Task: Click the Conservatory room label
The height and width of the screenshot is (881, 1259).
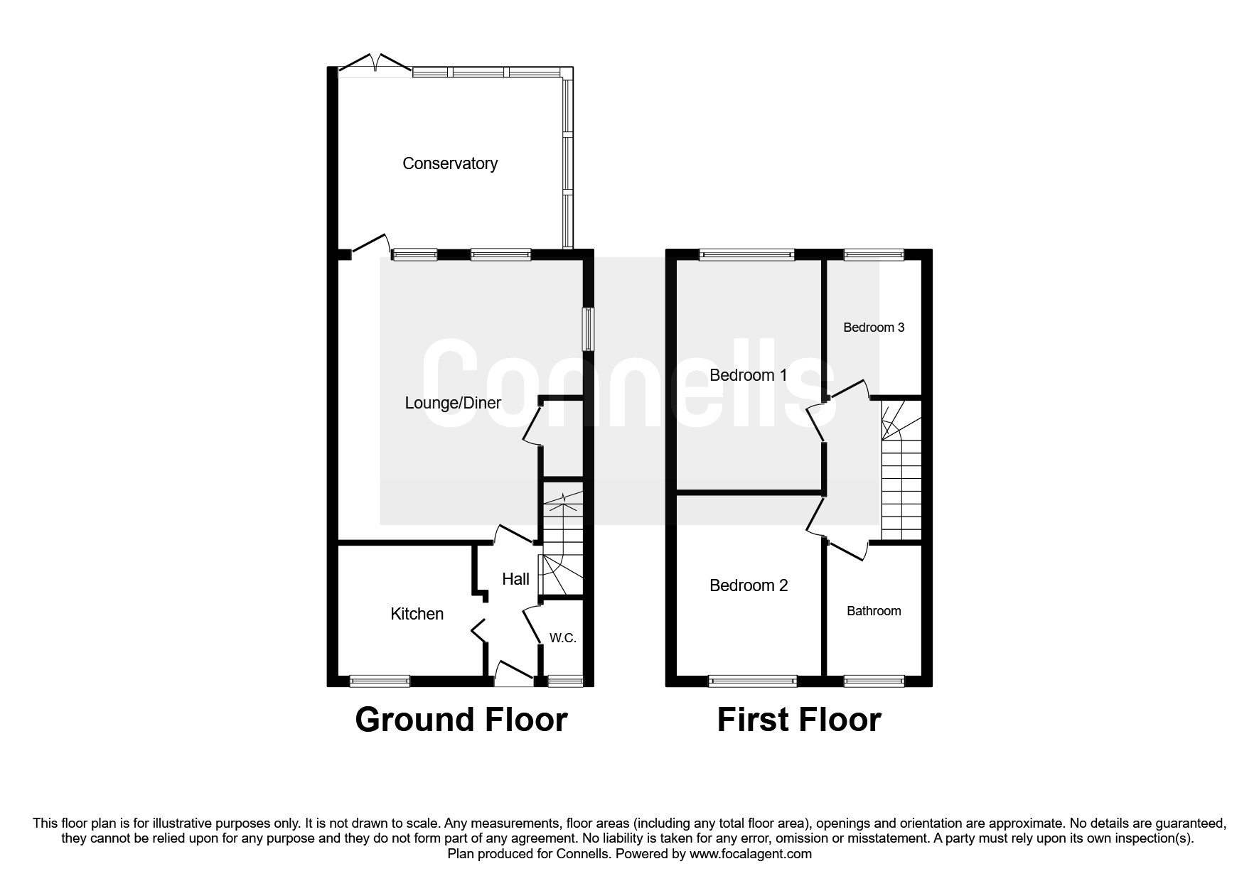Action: pos(449,163)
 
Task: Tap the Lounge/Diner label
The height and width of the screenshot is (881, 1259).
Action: pos(453,403)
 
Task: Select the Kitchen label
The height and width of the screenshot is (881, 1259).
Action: pos(417,614)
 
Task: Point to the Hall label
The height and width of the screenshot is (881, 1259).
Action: pos(515,579)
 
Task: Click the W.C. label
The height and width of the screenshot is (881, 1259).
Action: pos(562,638)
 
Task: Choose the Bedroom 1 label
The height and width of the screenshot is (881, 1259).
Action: pos(748,375)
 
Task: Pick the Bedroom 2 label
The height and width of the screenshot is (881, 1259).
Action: pos(749,585)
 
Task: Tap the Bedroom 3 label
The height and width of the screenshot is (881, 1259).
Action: pos(874,328)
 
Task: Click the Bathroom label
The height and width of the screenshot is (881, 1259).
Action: pos(874,611)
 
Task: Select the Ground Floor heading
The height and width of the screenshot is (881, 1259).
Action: pos(461,719)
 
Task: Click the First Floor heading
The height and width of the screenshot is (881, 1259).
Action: pos(798,719)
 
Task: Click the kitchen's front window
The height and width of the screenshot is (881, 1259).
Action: pos(380,681)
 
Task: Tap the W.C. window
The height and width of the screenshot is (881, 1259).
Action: pos(566,681)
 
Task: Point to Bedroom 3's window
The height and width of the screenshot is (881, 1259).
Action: pos(874,254)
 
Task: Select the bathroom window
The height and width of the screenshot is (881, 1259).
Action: pos(874,681)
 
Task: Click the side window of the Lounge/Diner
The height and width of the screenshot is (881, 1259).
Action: pos(588,328)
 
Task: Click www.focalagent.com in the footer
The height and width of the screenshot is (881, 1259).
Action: pos(750,854)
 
